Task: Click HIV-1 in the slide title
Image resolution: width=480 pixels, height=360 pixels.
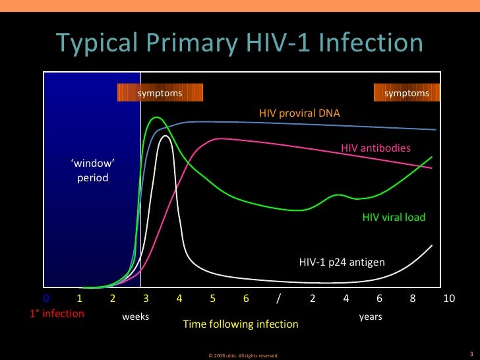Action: pyautogui.click(x=271, y=44)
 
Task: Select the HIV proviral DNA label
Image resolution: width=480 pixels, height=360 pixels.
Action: pyautogui.click(x=299, y=113)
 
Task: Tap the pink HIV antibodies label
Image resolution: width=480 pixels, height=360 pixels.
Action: pyautogui.click(x=375, y=148)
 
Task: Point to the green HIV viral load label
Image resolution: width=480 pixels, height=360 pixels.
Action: pyautogui.click(x=394, y=217)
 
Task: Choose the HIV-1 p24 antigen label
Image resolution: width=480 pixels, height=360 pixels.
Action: pyautogui.click(x=342, y=262)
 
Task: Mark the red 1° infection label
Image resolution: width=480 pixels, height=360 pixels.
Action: pyautogui.click(x=57, y=314)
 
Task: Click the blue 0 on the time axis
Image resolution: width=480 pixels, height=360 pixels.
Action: pyautogui.click(x=46, y=298)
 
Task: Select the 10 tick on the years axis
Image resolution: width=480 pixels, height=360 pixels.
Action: pyautogui.click(x=449, y=298)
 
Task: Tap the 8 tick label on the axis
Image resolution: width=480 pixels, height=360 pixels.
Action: pyautogui.click(x=413, y=298)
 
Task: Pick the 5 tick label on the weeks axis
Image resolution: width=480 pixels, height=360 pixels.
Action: pyautogui.click(x=213, y=298)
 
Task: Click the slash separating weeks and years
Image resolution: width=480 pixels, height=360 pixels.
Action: pyautogui.click(x=279, y=298)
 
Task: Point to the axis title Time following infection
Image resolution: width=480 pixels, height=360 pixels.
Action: pyautogui.click(x=240, y=324)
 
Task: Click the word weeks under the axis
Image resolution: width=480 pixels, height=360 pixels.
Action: pyautogui.click(x=136, y=316)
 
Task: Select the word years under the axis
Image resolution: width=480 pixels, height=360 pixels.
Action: pyautogui.click(x=371, y=316)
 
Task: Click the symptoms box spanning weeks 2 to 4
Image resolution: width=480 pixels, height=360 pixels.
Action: pyautogui.click(x=160, y=93)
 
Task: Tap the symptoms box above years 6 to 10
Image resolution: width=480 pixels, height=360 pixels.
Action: pyautogui.click(x=406, y=93)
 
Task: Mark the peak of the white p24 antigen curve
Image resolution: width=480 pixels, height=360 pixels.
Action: pyautogui.click(x=165, y=136)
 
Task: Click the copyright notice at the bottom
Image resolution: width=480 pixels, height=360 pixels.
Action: pyautogui.click(x=243, y=355)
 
